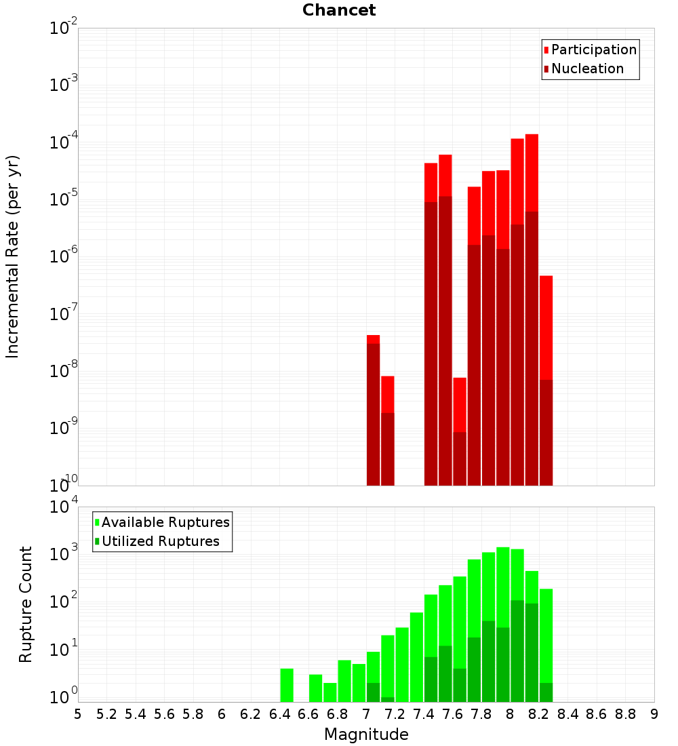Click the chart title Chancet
coord(339,10)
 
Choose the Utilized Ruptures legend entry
coord(159,541)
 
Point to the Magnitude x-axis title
coord(366,734)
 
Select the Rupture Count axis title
coord(26,604)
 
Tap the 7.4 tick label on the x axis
coord(424,714)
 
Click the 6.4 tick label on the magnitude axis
coord(279,714)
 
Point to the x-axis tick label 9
coord(654,714)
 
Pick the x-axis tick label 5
coord(78,714)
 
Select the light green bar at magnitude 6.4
coord(287,685)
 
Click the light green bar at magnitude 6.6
coord(316,688)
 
